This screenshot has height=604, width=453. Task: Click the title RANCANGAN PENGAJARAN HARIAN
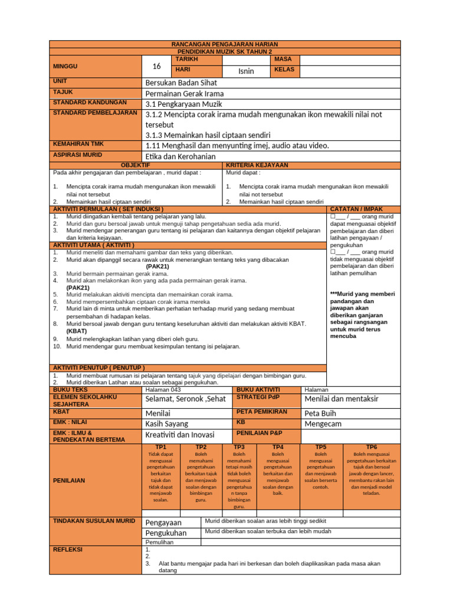pos(224,44)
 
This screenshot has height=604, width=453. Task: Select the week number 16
pos(156,66)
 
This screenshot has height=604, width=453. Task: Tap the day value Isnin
pos(246,71)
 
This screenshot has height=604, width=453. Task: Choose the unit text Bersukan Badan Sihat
pos(183,83)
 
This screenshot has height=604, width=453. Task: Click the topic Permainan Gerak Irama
pos(184,93)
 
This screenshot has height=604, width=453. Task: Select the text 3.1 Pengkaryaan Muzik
pos(183,104)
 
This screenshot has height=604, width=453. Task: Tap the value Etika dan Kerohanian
pos(180,156)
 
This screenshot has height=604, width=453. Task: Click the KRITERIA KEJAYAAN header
pos(257,166)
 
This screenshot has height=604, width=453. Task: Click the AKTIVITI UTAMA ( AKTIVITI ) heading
pos(94,245)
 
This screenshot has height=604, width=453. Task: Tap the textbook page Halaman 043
pos(163,390)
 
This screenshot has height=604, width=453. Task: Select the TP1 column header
pos(161,447)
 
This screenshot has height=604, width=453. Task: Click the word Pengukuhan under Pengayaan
pos(166,533)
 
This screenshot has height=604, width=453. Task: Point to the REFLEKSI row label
pos(68,550)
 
